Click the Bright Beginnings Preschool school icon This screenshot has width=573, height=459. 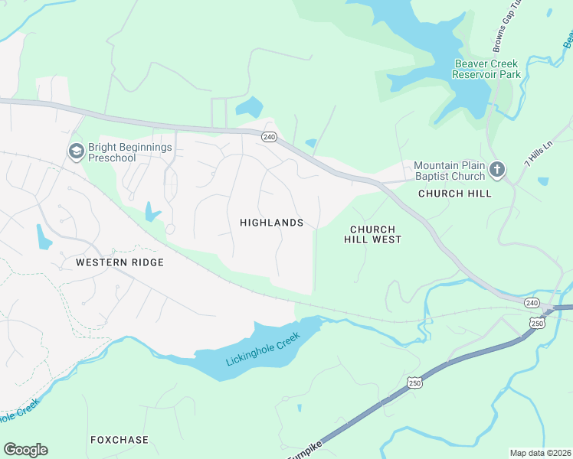tap(76, 151)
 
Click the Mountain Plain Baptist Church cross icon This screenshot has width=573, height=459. tap(496, 170)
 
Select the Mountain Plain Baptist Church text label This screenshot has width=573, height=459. tap(449, 171)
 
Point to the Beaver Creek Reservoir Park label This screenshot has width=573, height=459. tap(486, 69)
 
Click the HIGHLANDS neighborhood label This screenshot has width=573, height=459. tap(271, 223)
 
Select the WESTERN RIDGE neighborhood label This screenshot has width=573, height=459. tap(120, 262)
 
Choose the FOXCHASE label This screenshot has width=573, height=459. tap(118, 440)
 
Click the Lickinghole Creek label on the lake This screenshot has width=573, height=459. tap(260, 352)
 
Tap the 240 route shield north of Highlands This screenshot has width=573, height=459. tap(268, 137)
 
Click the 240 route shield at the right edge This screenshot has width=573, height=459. tap(532, 304)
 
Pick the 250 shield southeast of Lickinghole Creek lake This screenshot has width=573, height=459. tap(414, 382)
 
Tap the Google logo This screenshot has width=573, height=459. tap(25, 449)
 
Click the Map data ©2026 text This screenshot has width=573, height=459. tap(540, 453)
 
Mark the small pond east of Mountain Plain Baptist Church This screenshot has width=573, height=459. tap(543, 181)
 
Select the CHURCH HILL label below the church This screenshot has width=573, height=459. tap(455, 194)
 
